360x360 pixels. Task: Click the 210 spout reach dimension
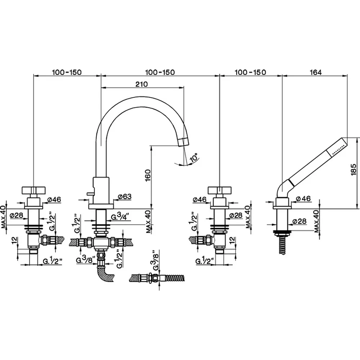pos(141,84)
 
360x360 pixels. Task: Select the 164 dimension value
pos(316,72)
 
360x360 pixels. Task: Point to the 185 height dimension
pos(354,170)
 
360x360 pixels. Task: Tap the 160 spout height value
pos(148,175)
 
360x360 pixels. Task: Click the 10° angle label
pos(194,158)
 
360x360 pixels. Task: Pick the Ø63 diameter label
pos(125,197)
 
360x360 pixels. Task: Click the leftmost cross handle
pos(33,190)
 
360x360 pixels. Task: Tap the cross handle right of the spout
pos(220,190)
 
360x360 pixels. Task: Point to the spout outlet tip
pos(184,142)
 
